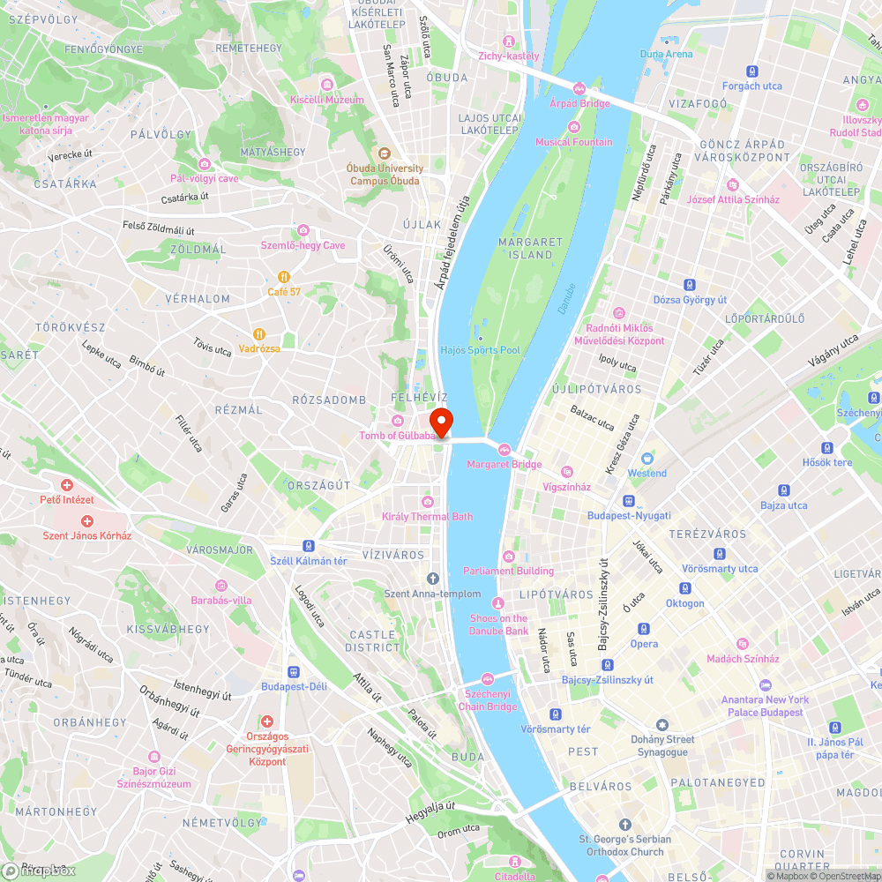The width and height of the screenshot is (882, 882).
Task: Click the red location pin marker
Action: pyautogui.click(x=441, y=421)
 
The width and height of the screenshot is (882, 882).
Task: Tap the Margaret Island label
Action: pyautogui.click(x=530, y=248)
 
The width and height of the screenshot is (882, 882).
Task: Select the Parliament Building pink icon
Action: pyautogui.click(x=509, y=557)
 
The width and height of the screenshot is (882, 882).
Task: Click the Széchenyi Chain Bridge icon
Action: pyautogui.click(x=488, y=678)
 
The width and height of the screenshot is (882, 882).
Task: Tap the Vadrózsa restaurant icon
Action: pyautogui.click(x=259, y=334)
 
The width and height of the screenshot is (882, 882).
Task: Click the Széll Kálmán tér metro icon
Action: pyautogui.click(x=309, y=546)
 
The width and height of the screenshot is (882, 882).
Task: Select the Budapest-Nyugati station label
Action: pyautogui.click(x=629, y=515)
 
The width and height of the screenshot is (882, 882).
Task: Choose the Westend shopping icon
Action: pyautogui.click(x=647, y=459)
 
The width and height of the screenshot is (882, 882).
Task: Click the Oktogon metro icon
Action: pyautogui.click(x=684, y=588)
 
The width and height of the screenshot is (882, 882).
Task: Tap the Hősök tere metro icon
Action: pyautogui.click(x=827, y=448)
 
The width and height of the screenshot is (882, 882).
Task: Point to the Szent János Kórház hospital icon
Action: pyautogui.click(x=87, y=521)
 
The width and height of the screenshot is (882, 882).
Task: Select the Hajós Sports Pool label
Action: pyautogui.click(x=481, y=350)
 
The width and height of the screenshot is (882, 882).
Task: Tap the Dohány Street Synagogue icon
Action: pyautogui.click(x=663, y=724)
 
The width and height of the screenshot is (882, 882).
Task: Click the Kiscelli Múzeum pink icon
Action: pyautogui.click(x=327, y=85)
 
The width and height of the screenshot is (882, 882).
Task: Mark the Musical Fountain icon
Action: pyautogui.click(x=573, y=128)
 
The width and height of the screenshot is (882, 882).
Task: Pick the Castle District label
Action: pyautogui.click(x=372, y=641)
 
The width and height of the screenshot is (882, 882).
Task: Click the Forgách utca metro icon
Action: pyautogui.click(x=752, y=71)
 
